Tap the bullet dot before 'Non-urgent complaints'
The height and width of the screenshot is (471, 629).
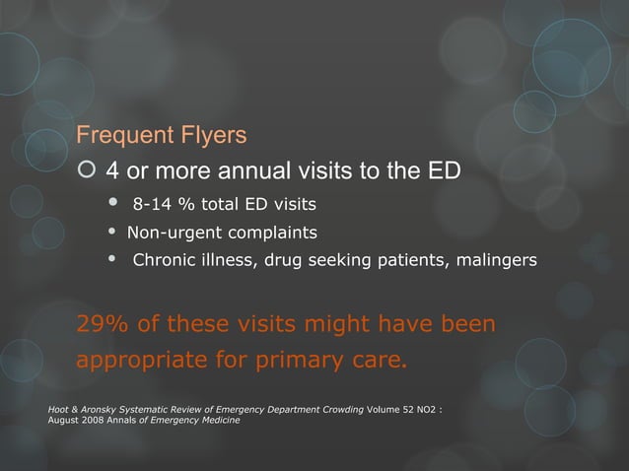coord(111,233)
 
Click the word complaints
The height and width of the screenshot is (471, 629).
coord(272,234)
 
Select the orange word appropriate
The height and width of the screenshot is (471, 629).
coord(143,359)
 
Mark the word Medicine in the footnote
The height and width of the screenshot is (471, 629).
coord(217,421)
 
